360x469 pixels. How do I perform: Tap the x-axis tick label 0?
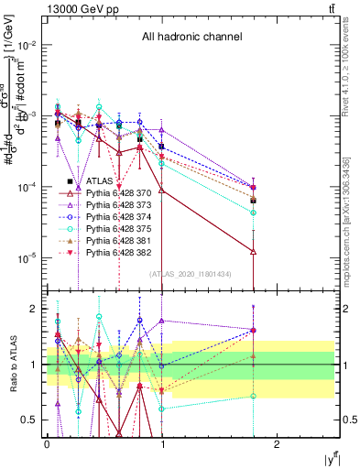(x=47, y=443)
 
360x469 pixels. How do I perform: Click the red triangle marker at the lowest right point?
(x=253, y=250)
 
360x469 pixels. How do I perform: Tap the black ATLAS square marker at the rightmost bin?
(x=253, y=200)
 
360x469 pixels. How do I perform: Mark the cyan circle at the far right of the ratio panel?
(x=253, y=397)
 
